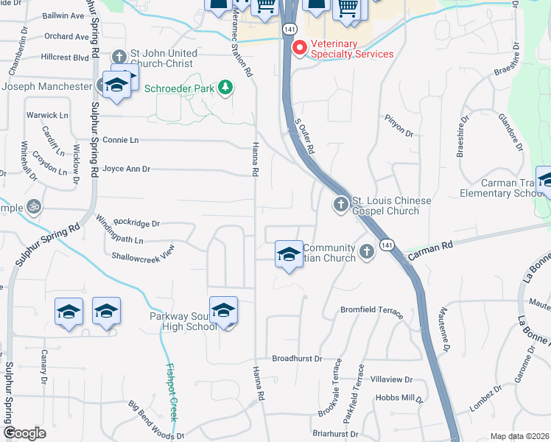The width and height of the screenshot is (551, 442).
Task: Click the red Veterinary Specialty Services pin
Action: tap(300, 48)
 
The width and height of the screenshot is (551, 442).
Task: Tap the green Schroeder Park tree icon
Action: tap(225, 88)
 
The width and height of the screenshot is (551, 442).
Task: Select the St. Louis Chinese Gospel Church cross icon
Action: tap(340, 204)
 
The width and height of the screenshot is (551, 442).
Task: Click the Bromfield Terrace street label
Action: tap(368, 310)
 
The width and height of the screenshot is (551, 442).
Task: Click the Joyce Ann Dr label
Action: tap(126, 169)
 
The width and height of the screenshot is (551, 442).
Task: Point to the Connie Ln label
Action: tap(120, 140)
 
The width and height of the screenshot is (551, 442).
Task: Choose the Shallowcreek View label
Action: tap(142, 253)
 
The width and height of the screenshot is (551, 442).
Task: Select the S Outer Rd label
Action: tap(304, 138)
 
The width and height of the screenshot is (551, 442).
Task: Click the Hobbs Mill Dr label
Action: tap(399, 398)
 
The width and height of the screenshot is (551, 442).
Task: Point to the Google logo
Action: tap(24, 433)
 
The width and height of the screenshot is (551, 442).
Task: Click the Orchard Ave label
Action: tap(66, 36)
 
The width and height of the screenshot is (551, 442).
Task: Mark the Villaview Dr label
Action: tap(391, 379)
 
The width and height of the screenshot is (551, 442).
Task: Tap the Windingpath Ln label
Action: tap(118, 240)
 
